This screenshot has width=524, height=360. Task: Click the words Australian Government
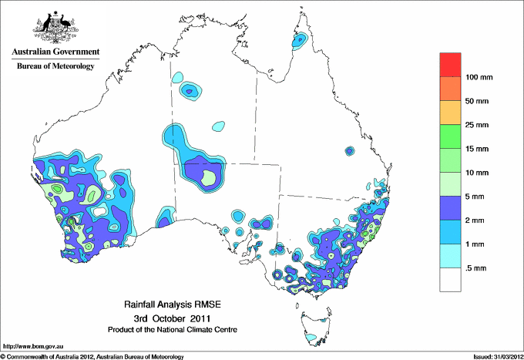(x=55, y=52)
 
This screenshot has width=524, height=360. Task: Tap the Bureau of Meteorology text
(x=55, y=67)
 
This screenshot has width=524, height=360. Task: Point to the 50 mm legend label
(x=478, y=101)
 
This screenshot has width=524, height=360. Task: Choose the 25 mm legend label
(x=478, y=125)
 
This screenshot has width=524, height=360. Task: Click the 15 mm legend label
(x=478, y=149)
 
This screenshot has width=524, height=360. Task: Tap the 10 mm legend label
(x=478, y=173)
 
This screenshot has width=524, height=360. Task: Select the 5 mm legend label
(x=475, y=197)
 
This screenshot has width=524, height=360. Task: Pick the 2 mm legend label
(x=475, y=220)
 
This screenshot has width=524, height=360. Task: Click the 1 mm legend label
(x=475, y=244)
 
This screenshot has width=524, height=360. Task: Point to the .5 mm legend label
(x=475, y=268)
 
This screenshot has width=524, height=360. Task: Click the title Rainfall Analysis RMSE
(x=171, y=305)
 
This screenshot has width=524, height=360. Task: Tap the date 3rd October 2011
(x=171, y=318)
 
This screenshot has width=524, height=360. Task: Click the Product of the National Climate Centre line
(x=171, y=329)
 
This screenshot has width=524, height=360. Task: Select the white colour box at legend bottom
(x=451, y=280)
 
